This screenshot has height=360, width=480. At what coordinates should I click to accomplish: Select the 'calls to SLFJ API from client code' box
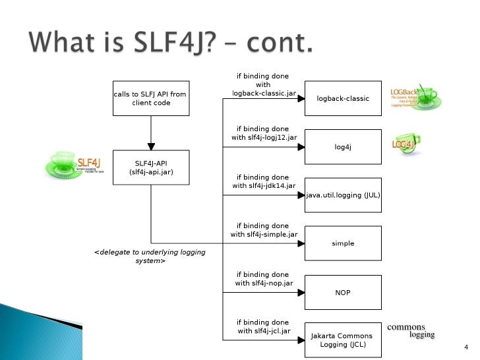tap(150, 98)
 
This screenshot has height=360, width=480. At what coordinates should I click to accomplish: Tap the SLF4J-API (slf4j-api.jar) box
tap(150, 167)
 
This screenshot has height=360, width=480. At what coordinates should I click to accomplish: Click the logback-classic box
tap(343, 98)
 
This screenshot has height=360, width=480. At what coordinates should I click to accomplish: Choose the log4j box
tap(343, 147)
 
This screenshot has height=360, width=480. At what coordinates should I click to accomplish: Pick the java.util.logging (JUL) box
tap(343, 195)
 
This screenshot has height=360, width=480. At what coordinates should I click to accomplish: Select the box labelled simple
tap(343, 243)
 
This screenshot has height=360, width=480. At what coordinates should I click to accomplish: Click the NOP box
tap(343, 291)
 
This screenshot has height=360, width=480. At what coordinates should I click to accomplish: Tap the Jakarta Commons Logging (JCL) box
tap(343, 340)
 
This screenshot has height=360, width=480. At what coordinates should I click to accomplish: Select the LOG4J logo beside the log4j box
tap(405, 144)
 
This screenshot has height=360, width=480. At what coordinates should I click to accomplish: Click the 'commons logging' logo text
tap(411, 330)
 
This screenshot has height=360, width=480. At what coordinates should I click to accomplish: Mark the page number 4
tap(465, 347)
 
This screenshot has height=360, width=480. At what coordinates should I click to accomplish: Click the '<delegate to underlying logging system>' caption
tap(150, 256)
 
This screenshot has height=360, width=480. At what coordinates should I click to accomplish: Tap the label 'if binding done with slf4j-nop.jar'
tap(263, 279)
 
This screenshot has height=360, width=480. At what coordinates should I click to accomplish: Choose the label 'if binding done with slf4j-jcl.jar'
tap(263, 326)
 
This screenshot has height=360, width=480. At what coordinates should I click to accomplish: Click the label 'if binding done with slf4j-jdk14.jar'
tap(263, 182)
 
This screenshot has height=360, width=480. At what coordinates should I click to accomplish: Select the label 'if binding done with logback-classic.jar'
tap(263, 85)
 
